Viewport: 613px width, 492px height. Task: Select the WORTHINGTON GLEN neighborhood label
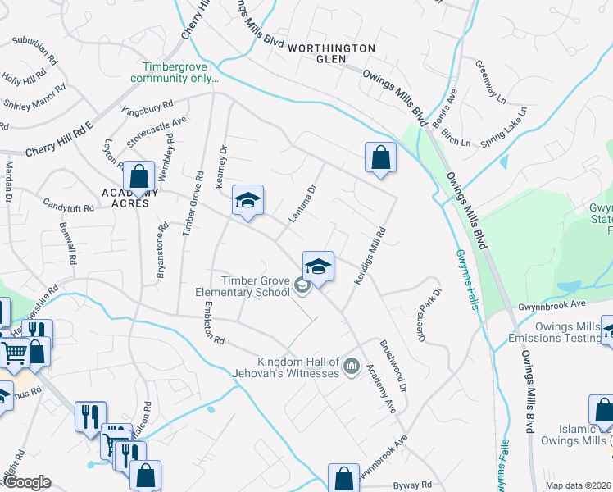click(x=331, y=53)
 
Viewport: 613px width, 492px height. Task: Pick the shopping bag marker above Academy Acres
click(x=139, y=176)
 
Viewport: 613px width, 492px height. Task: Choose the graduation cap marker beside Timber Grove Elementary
click(x=318, y=266)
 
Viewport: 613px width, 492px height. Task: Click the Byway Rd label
click(x=411, y=485)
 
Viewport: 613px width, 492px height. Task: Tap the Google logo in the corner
click(x=26, y=482)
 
